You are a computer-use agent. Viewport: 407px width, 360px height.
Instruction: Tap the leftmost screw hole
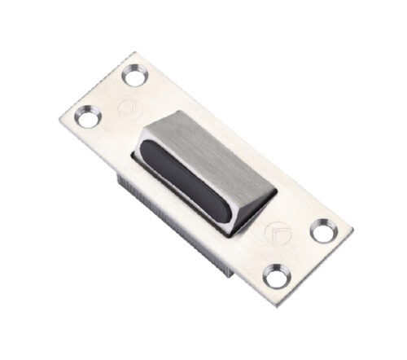(85, 119)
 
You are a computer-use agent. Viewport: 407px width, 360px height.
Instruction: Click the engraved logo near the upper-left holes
(126, 109)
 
